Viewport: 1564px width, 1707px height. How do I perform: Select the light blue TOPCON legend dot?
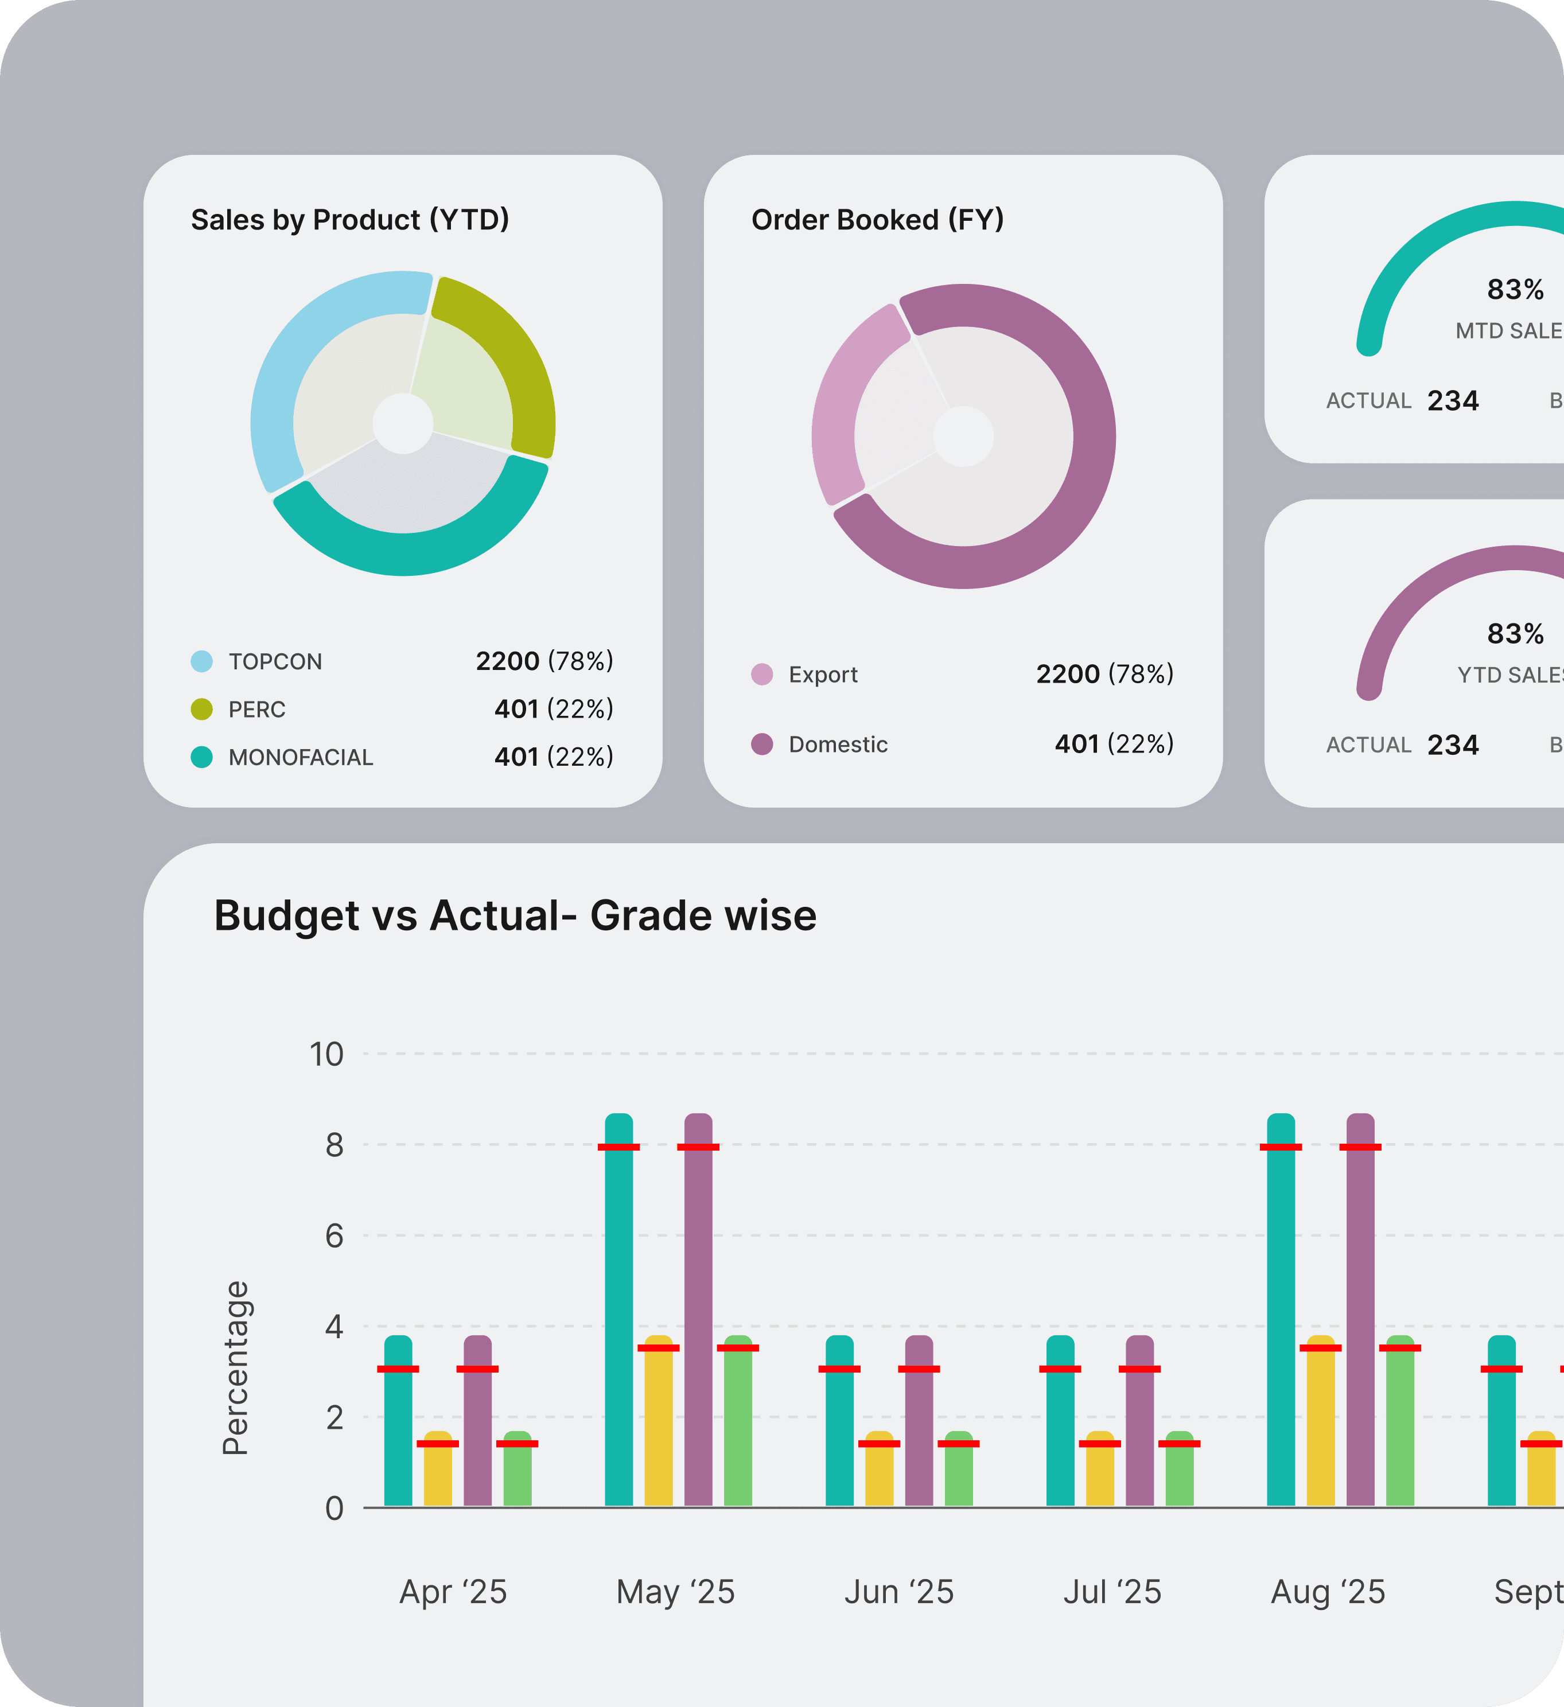(201, 661)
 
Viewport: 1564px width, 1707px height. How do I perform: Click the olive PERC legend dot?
(201, 710)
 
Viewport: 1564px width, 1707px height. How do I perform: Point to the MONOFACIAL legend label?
(301, 757)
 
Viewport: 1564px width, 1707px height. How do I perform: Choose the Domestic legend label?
(838, 745)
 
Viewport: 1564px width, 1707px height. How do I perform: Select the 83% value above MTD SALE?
(1515, 290)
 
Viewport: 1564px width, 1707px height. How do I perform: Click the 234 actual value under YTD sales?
(1453, 745)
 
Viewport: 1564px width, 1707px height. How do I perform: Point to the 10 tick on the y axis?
(327, 1054)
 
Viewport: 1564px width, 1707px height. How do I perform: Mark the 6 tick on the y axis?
(334, 1236)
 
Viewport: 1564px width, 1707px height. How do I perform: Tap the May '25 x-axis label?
(675, 1592)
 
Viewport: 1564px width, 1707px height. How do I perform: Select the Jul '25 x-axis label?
(1112, 1592)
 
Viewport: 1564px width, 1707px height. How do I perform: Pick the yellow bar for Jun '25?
(879, 1474)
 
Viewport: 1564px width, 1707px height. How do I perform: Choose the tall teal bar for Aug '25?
(1281, 1312)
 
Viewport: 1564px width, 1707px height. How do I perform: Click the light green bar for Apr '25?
(518, 1474)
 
